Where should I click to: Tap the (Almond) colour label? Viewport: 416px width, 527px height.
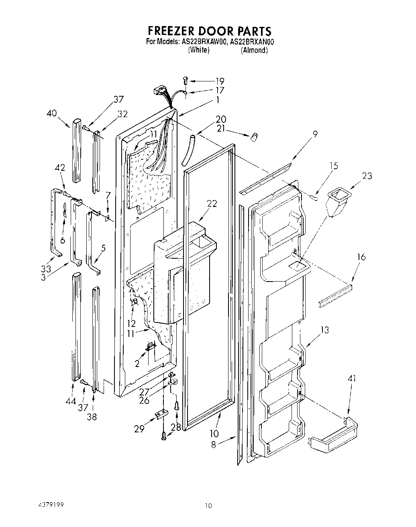tap(254, 50)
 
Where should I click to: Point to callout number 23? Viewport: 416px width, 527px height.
tap(366, 176)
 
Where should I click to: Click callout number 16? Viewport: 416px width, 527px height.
tap(361, 257)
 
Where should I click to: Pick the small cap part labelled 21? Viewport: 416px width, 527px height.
tap(253, 138)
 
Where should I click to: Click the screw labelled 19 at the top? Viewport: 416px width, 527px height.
tap(185, 81)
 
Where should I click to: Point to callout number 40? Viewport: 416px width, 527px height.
tap(51, 114)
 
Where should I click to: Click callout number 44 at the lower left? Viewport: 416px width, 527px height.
tap(71, 401)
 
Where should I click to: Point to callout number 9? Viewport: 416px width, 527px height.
tap(315, 134)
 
